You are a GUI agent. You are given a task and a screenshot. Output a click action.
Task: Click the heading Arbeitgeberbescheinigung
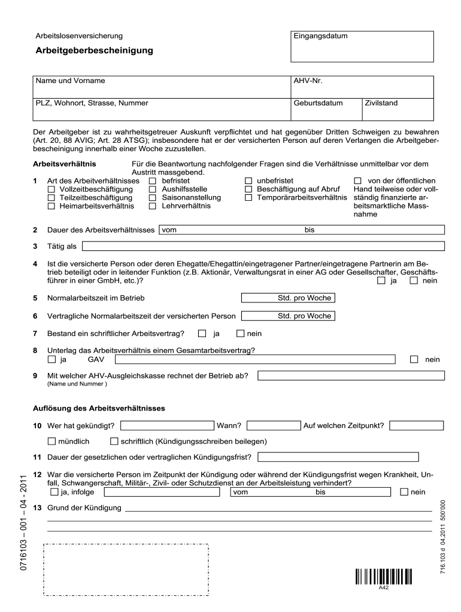[94, 51]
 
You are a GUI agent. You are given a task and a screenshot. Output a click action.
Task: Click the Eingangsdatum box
[362, 47]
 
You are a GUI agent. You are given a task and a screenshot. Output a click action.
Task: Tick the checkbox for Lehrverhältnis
[152, 206]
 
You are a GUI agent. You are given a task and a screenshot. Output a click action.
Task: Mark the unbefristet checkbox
[248, 181]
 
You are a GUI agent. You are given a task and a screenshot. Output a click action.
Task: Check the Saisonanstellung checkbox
[152, 198]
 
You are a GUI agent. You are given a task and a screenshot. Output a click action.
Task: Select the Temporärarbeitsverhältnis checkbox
[248, 198]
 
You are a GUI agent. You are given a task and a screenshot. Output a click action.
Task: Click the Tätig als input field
[263, 246]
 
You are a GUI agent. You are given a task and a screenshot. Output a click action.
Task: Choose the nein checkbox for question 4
[414, 281]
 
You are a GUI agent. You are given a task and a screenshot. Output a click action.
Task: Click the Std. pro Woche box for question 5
[287, 298]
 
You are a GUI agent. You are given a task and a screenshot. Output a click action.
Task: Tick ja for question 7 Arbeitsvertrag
[202, 333]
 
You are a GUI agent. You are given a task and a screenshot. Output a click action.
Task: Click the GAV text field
[255, 359]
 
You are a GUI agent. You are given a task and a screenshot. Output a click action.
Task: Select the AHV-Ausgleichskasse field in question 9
[351, 376]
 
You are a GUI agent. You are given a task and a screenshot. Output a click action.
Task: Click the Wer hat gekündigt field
[167, 426]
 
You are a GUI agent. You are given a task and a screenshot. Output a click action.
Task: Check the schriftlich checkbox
[114, 442]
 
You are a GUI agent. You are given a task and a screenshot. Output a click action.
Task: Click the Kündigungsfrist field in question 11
[338, 458]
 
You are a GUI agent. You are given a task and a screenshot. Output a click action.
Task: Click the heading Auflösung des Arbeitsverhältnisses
[99, 409]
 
